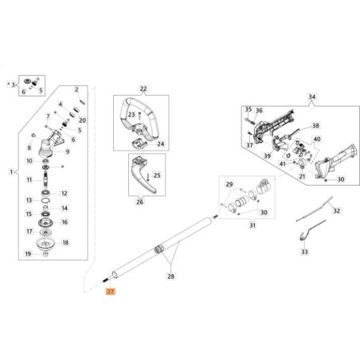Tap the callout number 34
pyautogui.click(x=311, y=98)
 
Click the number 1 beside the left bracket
pyautogui.click(x=11, y=172)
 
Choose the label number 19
pyautogui.click(x=29, y=254)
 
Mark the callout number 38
pyautogui.click(x=315, y=126)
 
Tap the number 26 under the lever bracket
pyautogui.click(x=139, y=202)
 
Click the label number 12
pyautogui.click(x=65, y=193)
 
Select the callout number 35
pyautogui.click(x=248, y=109)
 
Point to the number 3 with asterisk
pyautogui.click(x=13, y=83)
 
